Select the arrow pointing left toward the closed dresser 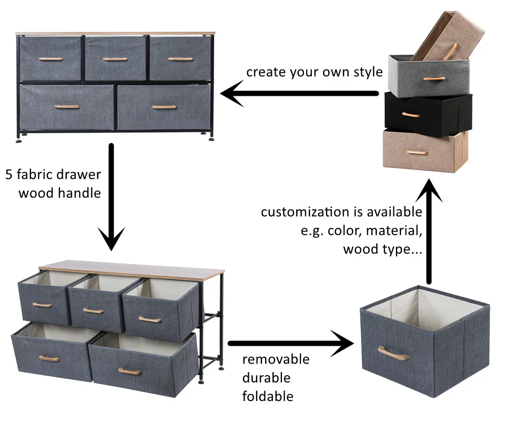[300, 94]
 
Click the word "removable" [276, 359]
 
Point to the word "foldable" [268, 396]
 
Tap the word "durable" [266, 378]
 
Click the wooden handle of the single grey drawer [394, 353]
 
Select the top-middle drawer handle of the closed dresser [115, 59]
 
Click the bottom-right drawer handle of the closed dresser [164, 107]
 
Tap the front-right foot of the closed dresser [211, 138]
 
